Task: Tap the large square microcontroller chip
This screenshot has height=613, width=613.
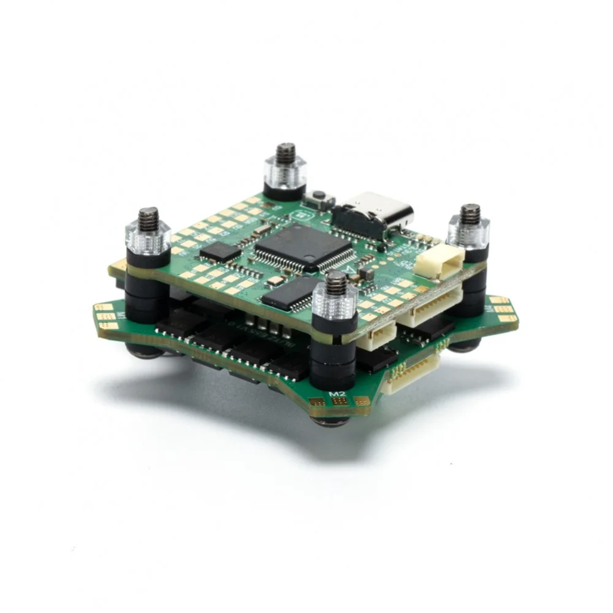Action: pyautogui.click(x=304, y=246)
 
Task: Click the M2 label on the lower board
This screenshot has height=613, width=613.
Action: pyautogui.click(x=337, y=394)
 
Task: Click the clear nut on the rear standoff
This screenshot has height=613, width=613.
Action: pyautogui.click(x=285, y=173)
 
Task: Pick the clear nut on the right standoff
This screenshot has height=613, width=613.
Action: pyautogui.click(x=468, y=231)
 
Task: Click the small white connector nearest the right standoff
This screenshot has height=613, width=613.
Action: pyautogui.click(x=439, y=264)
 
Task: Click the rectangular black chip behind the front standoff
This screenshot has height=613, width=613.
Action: pyautogui.click(x=289, y=292)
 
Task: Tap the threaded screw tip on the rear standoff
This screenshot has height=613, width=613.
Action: pyautogui.click(x=285, y=153)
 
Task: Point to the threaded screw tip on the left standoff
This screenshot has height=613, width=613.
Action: pyautogui.click(x=148, y=218)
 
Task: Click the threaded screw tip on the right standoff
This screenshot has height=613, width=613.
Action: pyautogui.click(x=470, y=213)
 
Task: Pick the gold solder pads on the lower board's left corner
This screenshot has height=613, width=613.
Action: pyautogui.click(x=106, y=316)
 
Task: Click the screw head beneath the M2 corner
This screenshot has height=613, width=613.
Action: pyautogui.click(x=332, y=421)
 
